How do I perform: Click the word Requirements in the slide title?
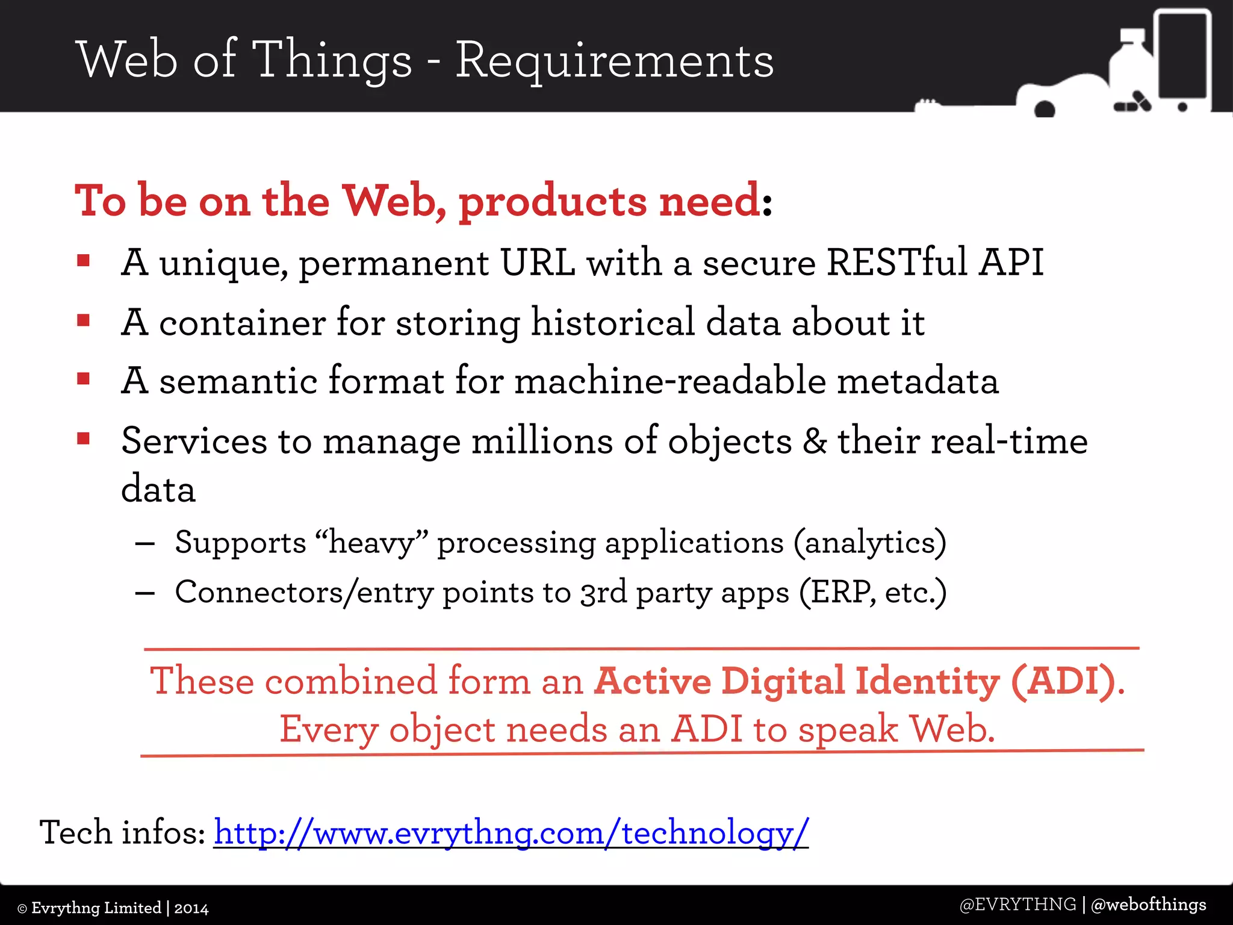(x=614, y=61)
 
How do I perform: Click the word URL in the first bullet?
(x=538, y=263)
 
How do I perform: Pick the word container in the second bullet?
(x=242, y=323)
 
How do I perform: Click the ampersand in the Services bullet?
(x=814, y=441)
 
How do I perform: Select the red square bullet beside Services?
(x=84, y=438)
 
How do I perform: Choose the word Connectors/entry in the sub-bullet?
(x=304, y=593)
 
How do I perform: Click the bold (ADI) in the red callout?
(x=1063, y=682)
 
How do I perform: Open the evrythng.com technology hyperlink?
(x=511, y=833)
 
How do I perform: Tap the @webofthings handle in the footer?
(x=1148, y=905)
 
